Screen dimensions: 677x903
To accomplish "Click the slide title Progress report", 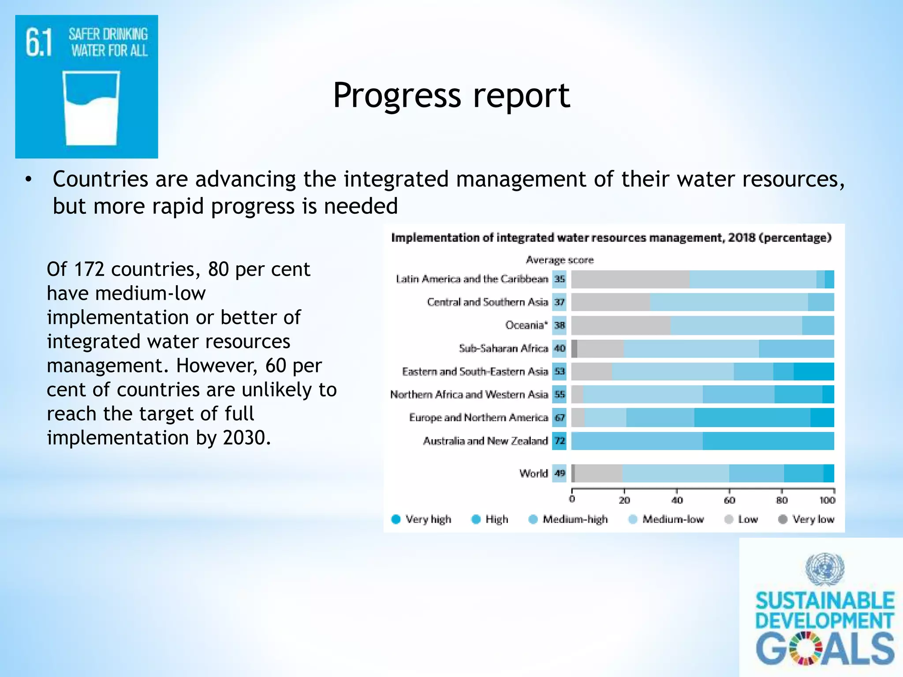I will pyautogui.click(x=451, y=95).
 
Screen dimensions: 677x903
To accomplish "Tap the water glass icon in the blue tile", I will pyautogui.click(x=91, y=108).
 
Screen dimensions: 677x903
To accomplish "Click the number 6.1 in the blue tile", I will pyautogui.click(x=39, y=43).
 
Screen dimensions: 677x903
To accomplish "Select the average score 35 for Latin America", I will pyautogui.click(x=559, y=279).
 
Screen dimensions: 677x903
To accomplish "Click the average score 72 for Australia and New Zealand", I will pyautogui.click(x=559, y=441).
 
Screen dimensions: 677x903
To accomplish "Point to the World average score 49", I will pyautogui.click(x=559, y=473).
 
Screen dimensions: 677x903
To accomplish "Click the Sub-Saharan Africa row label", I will pyautogui.click(x=503, y=348).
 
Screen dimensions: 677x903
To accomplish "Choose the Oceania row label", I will pyautogui.click(x=526, y=325).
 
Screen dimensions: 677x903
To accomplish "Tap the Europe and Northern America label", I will pyautogui.click(x=478, y=417).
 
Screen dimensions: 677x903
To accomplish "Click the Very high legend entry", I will pyautogui.click(x=421, y=519).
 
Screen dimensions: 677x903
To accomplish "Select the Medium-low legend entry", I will pyautogui.click(x=666, y=519).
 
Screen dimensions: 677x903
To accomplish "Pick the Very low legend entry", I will pyautogui.click(x=806, y=519).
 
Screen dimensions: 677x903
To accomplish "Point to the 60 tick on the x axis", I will pyautogui.click(x=729, y=500).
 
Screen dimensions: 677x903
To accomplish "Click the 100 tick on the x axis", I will pyautogui.click(x=827, y=500).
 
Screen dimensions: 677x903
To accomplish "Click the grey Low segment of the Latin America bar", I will pyautogui.click(x=630, y=279).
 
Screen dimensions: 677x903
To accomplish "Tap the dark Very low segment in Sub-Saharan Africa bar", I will pyautogui.click(x=575, y=349).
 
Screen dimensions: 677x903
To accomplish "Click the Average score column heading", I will pyautogui.click(x=560, y=260).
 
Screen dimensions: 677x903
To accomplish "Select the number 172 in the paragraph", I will pyautogui.click(x=90, y=269).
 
